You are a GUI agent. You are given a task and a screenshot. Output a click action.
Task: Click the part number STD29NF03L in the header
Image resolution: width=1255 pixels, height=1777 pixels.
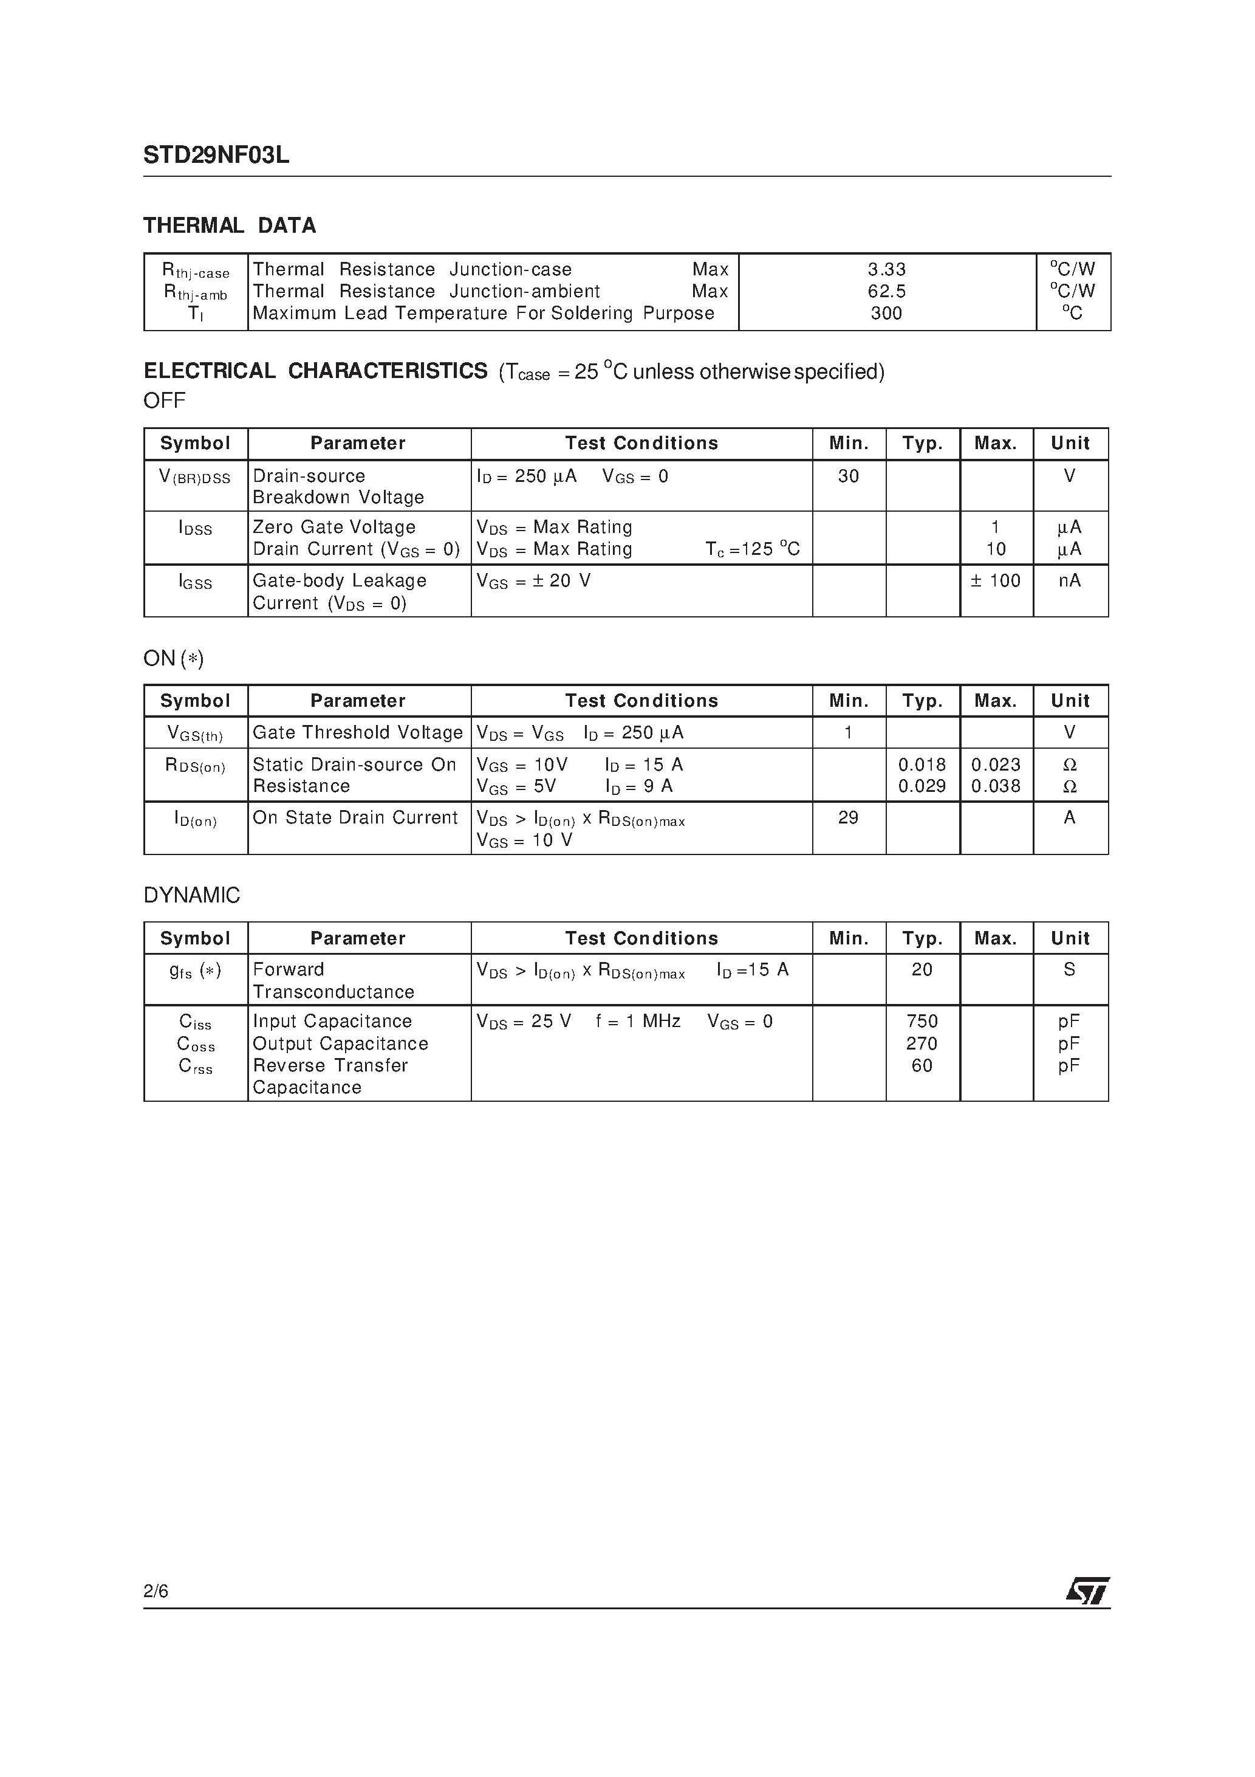pyautogui.click(x=216, y=156)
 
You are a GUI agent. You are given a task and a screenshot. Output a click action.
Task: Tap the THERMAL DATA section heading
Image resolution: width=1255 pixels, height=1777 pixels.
pyautogui.click(x=230, y=225)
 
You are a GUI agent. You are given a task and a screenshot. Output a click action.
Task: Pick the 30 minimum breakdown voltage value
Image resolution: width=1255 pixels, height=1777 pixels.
pyautogui.click(x=848, y=476)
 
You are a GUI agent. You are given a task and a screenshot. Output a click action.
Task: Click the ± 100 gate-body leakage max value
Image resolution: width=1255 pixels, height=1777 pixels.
pyautogui.click(x=995, y=580)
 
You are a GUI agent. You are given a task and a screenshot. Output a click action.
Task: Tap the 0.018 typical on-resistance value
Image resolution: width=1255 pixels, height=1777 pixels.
pyautogui.click(x=922, y=765)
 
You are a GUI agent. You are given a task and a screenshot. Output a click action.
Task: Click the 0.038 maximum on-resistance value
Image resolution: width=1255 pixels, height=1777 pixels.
pyautogui.click(x=995, y=786)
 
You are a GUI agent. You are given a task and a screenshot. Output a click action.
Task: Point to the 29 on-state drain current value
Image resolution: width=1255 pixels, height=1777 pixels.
pyautogui.click(x=848, y=817)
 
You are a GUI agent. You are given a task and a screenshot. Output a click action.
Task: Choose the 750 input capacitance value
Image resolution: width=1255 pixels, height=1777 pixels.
pyautogui.click(x=922, y=1021)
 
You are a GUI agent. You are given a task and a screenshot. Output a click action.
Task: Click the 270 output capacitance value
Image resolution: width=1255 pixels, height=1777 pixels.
pyautogui.click(x=922, y=1043)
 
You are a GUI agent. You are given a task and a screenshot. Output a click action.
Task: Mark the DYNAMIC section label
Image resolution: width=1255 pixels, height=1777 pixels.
pyautogui.click(x=192, y=895)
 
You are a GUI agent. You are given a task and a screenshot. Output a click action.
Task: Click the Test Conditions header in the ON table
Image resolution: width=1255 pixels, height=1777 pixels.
pyautogui.click(x=641, y=701)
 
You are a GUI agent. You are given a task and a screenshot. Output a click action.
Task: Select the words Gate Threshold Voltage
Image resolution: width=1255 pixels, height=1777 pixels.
pyautogui.click(x=357, y=732)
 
